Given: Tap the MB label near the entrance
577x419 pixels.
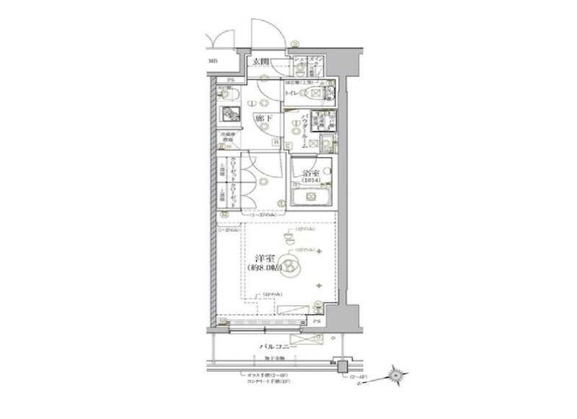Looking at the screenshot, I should point(213,61).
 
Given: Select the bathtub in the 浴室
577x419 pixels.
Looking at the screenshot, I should point(311,195).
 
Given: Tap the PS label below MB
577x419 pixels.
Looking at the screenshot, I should point(232,79).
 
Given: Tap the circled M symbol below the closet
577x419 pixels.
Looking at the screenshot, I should point(224,214).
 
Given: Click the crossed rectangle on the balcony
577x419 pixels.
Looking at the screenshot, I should point(314,335).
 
